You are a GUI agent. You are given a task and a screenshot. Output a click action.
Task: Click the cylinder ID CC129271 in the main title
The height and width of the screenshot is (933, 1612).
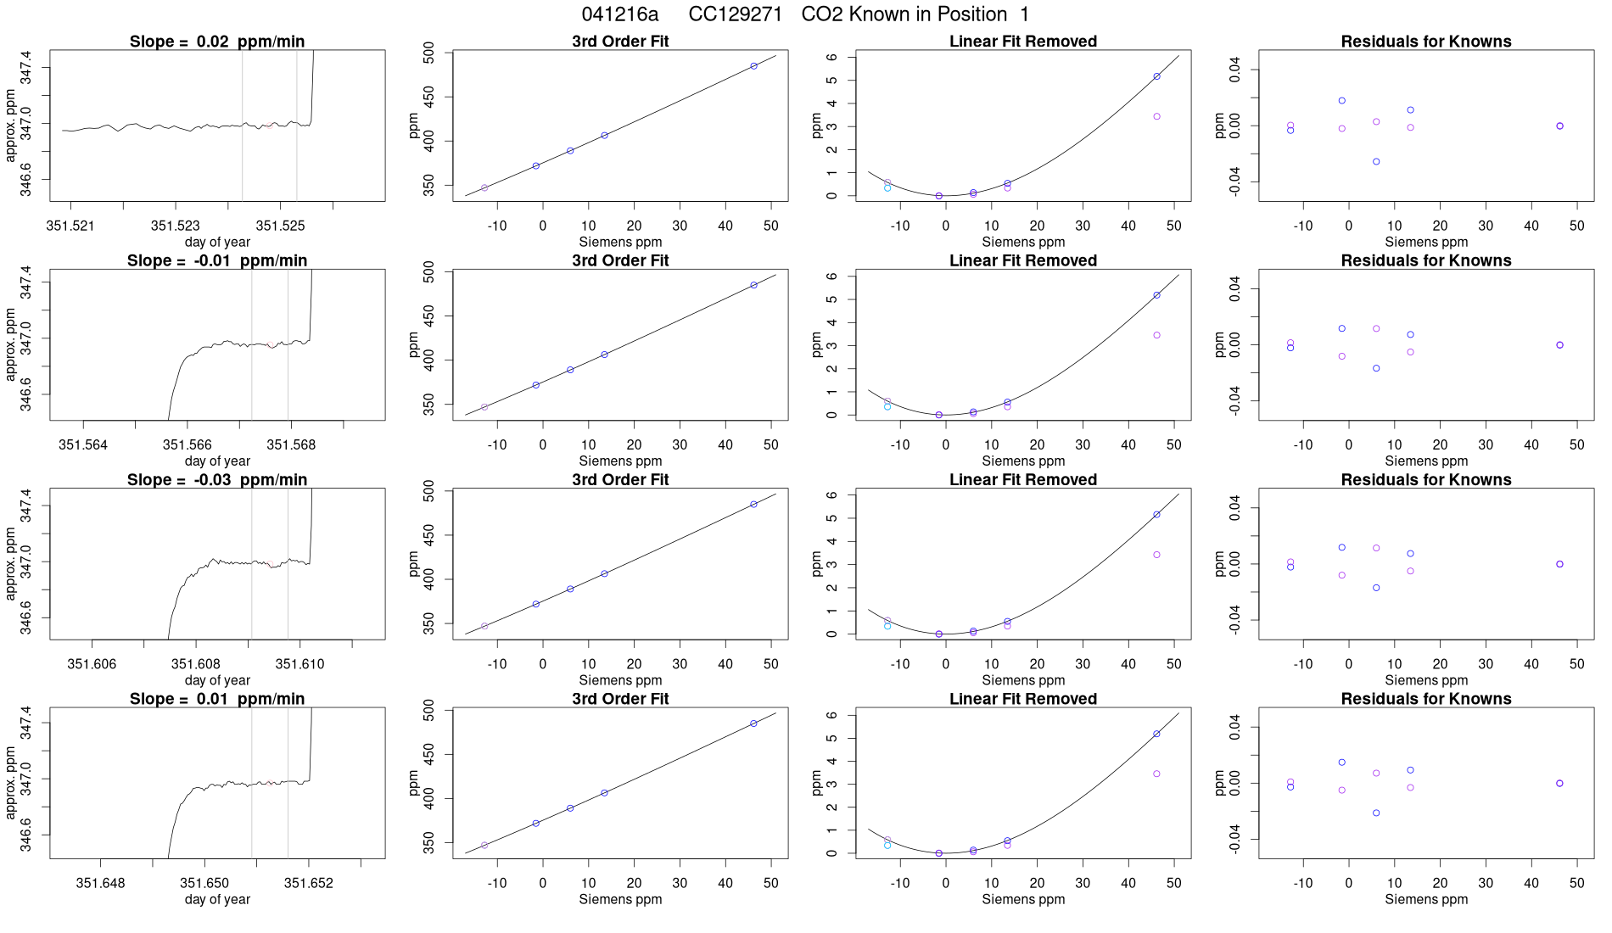(x=735, y=14)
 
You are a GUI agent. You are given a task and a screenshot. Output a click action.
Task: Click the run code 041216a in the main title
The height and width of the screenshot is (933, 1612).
(x=619, y=14)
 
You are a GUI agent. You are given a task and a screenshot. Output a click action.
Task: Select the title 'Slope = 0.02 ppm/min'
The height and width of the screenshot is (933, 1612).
(x=217, y=42)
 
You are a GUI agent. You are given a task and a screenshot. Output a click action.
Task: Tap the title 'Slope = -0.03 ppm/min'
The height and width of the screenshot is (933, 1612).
(x=217, y=480)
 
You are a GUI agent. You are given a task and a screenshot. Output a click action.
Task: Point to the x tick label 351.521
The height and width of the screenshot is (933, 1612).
(x=70, y=226)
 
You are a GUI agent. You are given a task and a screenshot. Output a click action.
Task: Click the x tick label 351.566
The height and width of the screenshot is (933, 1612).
(x=188, y=444)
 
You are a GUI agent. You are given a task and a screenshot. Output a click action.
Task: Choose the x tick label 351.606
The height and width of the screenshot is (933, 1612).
(x=92, y=664)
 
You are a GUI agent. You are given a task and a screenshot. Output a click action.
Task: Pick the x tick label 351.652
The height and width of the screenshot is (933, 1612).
(x=309, y=883)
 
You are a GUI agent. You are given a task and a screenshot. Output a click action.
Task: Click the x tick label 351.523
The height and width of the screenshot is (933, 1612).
(x=176, y=226)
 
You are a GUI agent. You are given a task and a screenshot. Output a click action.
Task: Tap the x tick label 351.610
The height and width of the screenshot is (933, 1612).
(x=300, y=664)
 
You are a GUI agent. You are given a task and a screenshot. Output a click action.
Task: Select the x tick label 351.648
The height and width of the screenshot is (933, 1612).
(x=100, y=883)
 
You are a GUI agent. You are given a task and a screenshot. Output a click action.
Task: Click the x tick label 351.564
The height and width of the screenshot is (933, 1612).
(x=83, y=444)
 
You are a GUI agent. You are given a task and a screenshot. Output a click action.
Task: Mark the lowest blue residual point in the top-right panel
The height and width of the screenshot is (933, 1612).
(x=1376, y=161)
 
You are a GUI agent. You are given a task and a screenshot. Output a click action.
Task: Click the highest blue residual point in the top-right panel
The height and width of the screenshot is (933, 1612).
(x=1342, y=100)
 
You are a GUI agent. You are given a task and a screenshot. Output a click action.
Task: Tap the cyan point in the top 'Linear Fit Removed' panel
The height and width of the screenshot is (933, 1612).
(x=887, y=187)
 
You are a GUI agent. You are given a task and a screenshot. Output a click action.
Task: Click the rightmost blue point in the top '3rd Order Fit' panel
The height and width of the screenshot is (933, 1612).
(x=753, y=65)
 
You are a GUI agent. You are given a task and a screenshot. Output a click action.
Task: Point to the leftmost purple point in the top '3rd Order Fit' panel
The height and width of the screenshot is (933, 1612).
(x=484, y=187)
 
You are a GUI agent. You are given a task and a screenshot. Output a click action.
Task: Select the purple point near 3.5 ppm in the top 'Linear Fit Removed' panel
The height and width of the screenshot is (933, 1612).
(x=1156, y=116)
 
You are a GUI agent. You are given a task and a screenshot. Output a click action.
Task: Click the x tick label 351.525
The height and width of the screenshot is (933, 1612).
(x=280, y=226)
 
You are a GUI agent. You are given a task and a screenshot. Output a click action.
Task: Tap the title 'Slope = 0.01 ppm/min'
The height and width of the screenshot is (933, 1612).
(x=217, y=700)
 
